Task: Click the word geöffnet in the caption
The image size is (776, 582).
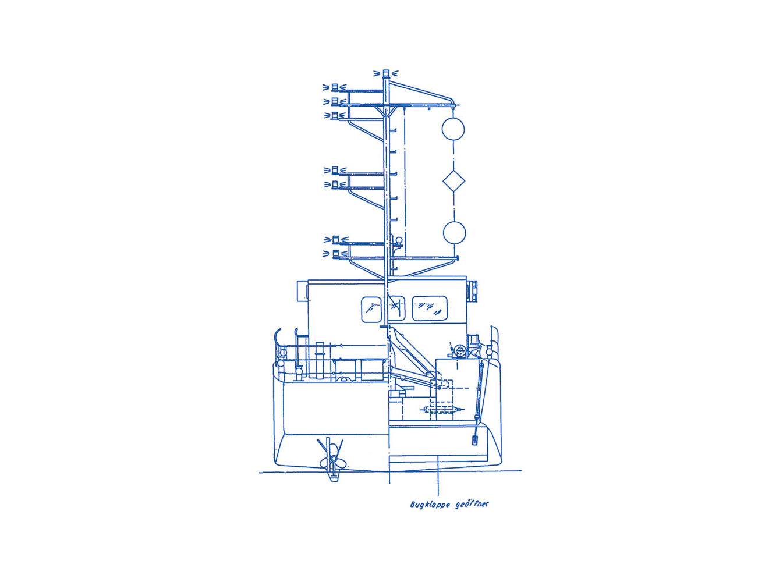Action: pos(472,503)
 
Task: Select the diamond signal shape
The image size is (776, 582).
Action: pos(454,181)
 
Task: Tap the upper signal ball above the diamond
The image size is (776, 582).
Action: pos(453,129)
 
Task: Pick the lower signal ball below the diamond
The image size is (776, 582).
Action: pos(454,233)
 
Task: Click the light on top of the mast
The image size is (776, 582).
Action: pos(386,73)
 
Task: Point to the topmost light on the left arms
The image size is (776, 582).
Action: pos(335,87)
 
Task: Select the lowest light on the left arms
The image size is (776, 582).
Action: pos(335,253)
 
